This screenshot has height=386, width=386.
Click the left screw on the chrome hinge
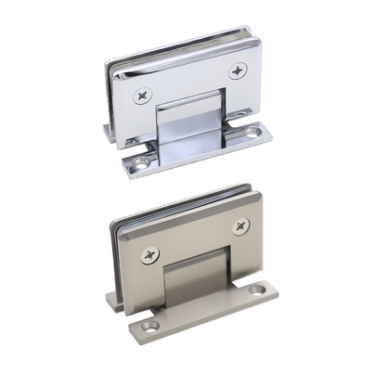coord(144,94)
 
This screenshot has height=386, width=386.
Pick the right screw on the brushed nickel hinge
coord(241,225)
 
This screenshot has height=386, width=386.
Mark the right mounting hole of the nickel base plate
coord(257,295)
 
